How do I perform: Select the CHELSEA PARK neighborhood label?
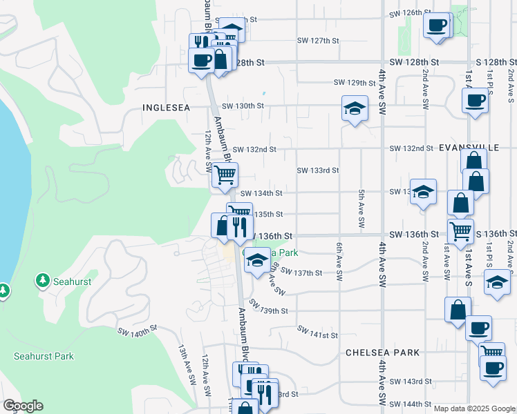[x=382, y=353]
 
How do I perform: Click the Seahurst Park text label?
[x=44, y=356]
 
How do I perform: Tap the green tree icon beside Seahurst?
[x=43, y=280]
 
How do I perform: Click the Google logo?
[x=23, y=406]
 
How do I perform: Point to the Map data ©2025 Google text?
[x=473, y=408]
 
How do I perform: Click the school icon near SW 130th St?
[x=355, y=109]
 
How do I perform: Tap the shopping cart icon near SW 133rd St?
[x=225, y=175]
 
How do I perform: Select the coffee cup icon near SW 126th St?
[x=436, y=26]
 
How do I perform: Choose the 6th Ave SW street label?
[x=339, y=261]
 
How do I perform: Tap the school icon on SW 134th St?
[x=423, y=191]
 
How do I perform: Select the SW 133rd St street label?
[x=317, y=170]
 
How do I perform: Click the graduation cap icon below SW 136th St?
[x=257, y=261]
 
